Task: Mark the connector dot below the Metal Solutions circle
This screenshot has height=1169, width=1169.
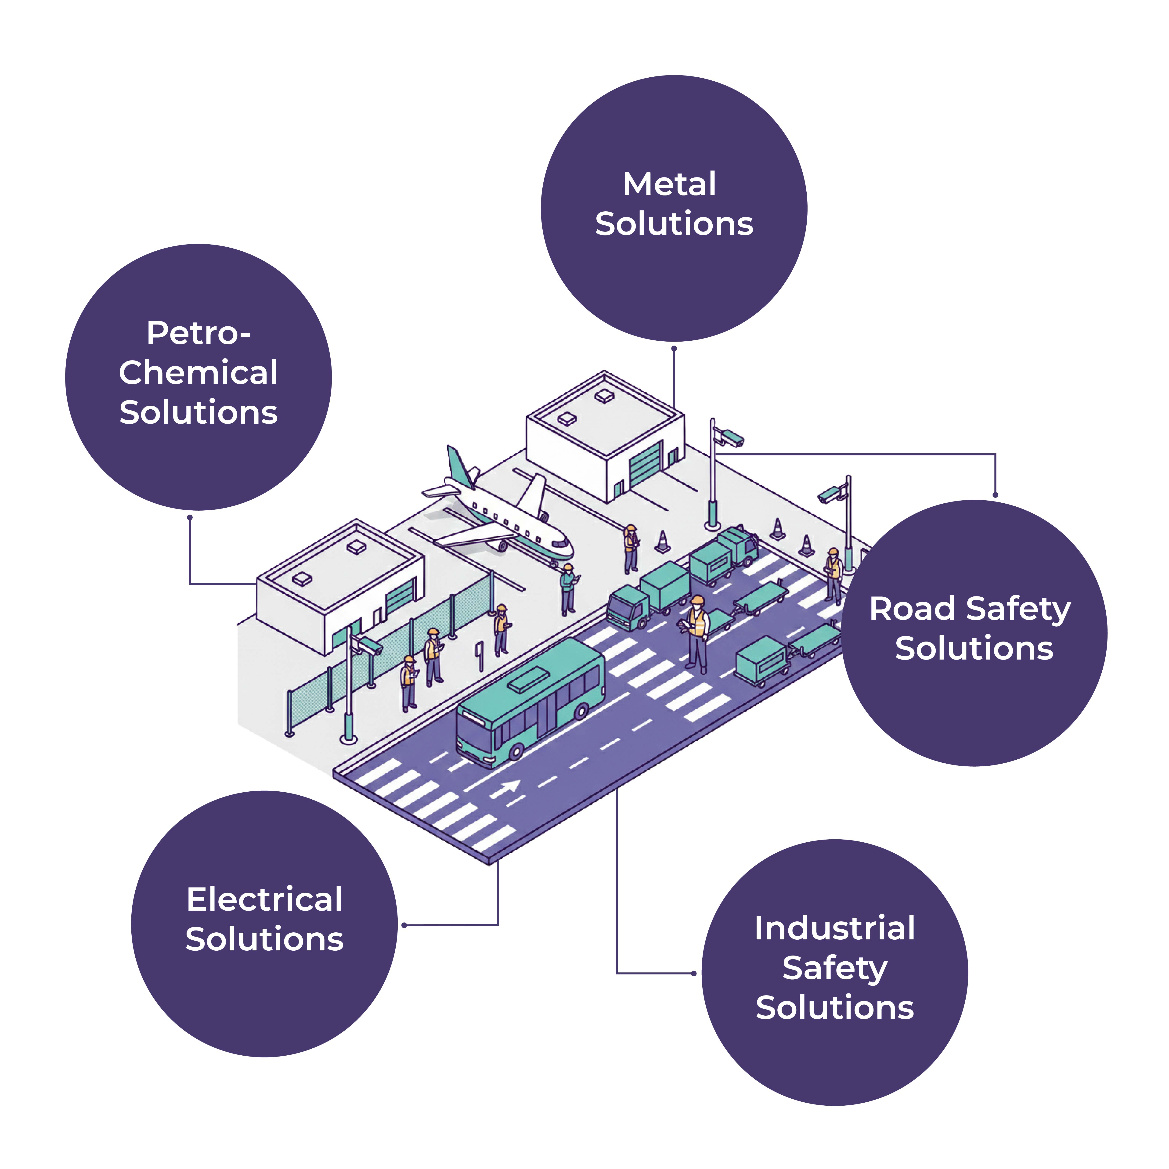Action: click(x=674, y=349)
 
